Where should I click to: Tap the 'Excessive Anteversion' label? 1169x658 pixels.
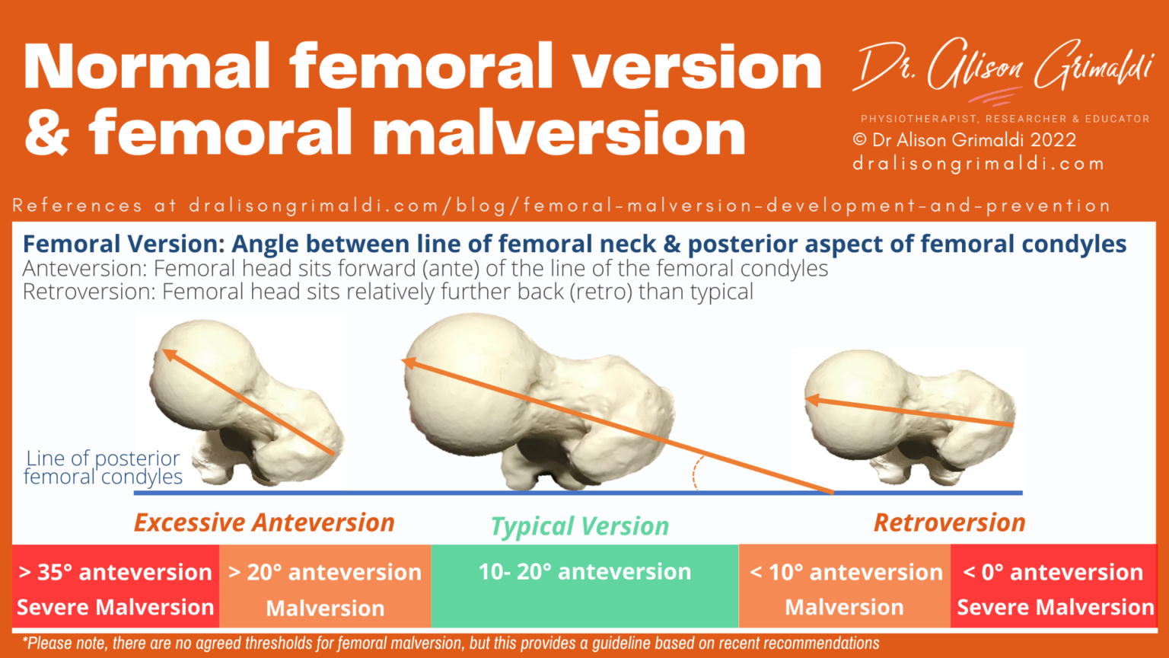(x=264, y=522)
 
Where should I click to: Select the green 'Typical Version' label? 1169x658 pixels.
(x=580, y=526)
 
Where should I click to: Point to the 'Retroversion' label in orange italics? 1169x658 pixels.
(x=949, y=522)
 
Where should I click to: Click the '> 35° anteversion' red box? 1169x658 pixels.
(x=116, y=586)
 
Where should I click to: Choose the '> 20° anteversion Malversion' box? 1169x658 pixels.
(x=325, y=586)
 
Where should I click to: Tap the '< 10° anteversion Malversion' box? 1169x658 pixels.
(x=845, y=586)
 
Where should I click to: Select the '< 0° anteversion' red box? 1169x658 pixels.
(x=1054, y=586)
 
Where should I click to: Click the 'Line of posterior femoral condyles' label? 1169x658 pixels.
(x=104, y=468)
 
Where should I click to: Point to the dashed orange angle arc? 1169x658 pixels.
(x=696, y=474)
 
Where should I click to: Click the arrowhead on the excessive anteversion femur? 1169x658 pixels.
(x=168, y=354)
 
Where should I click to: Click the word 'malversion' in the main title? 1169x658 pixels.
(x=559, y=133)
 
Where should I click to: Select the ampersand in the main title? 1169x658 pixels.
(x=47, y=133)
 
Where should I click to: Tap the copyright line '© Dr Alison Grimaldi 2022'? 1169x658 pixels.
(x=964, y=140)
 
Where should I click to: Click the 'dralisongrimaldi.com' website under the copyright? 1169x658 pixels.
(x=978, y=164)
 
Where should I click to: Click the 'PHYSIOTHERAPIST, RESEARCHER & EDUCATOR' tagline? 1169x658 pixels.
(x=1005, y=119)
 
